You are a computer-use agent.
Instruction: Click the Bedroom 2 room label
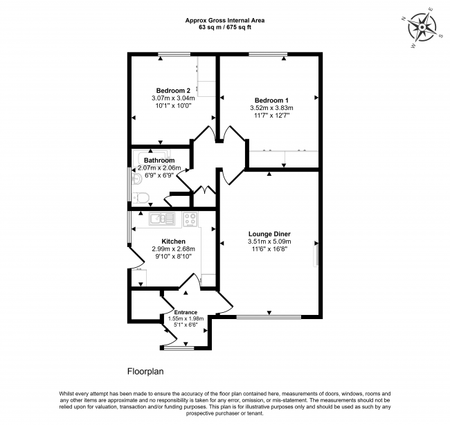pos(173,91)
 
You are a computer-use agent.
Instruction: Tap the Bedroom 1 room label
pos(271,100)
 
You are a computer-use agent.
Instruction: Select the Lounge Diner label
pos(269,234)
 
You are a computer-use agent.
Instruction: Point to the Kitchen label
pos(173,242)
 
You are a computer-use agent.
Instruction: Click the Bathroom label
pos(159,161)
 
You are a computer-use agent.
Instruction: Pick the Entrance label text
pos(186,312)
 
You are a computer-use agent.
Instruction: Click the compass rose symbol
pos(422,28)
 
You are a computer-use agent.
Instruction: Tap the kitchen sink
pos(162,219)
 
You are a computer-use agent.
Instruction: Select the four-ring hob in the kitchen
pos(190,219)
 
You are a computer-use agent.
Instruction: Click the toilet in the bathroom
pos(141,198)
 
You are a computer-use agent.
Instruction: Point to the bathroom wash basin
pos(136,179)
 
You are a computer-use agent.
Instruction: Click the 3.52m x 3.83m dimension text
pos(271,108)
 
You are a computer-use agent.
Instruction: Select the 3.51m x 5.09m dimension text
pos(269,242)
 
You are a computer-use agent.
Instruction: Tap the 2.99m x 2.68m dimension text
pos(173,249)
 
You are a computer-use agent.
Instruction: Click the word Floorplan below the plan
pos(145,371)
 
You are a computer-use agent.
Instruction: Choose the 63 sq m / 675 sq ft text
pos(225,27)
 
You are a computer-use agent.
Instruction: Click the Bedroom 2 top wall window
pos(174,54)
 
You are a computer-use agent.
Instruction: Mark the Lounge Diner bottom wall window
pos(269,317)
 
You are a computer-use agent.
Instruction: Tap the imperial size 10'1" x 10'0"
pos(173,106)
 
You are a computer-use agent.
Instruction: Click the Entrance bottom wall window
pos(179,348)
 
